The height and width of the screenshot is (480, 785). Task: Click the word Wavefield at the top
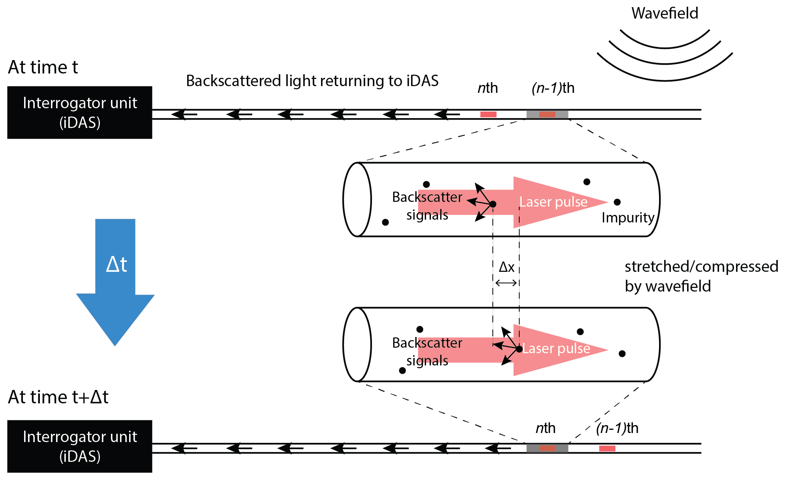click(x=665, y=13)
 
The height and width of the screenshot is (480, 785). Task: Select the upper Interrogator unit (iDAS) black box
click(x=80, y=113)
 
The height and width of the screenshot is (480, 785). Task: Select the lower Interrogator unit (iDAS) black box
click(x=80, y=446)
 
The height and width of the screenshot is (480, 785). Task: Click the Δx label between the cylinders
click(x=506, y=267)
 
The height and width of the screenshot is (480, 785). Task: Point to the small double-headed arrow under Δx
click(x=506, y=283)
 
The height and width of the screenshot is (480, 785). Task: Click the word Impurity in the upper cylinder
click(x=628, y=218)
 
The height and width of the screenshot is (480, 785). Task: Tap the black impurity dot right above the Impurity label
click(x=617, y=202)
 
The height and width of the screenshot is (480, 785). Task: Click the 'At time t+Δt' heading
click(x=58, y=397)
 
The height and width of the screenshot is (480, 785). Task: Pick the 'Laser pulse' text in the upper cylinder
click(x=553, y=202)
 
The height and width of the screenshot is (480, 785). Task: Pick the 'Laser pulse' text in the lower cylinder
click(x=556, y=348)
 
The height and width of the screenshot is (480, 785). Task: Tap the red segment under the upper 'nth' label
click(x=488, y=115)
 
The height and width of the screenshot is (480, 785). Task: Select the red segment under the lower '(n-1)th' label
click(x=607, y=448)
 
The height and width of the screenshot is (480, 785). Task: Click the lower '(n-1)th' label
click(x=617, y=428)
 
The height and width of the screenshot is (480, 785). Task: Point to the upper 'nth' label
click(x=488, y=88)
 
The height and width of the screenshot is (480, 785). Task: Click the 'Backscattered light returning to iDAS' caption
click(x=312, y=81)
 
